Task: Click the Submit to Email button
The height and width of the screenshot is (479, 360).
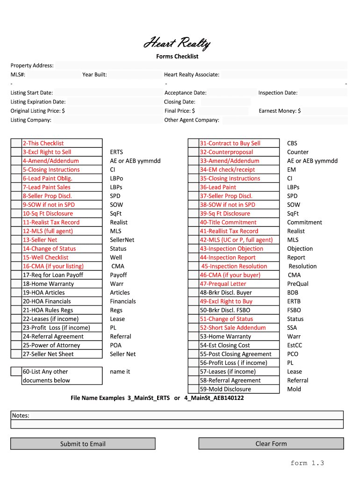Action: pyautogui.click(x=83, y=443)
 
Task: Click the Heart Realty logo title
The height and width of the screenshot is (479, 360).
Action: pyautogui.click(x=177, y=44)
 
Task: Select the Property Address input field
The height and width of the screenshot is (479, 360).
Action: pyautogui.click(x=201, y=65)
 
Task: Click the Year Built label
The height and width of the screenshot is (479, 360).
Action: pyautogui.click(x=94, y=74)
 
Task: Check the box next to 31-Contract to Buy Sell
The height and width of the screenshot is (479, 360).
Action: pyautogui.click(x=193, y=143)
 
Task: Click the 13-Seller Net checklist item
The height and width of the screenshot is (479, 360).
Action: pyautogui.click(x=40, y=240)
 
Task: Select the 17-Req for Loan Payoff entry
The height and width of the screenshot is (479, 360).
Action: pyautogui.click(x=53, y=275)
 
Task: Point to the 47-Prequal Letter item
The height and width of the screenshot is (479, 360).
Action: pyautogui.click(x=223, y=284)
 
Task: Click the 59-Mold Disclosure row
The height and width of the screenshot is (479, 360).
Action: pyautogui.click(x=225, y=389)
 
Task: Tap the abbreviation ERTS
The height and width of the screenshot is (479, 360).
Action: pyautogui.click(x=116, y=152)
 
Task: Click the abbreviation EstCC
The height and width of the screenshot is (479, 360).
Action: pyautogui.click(x=295, y=345)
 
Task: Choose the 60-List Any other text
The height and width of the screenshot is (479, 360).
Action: pyautogui.click(x=45, y=372)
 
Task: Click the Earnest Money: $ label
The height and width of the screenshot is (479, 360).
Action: pyautogui.click(x=280, y=111)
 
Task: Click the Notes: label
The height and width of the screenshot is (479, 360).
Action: pyautogui.click(x=21, y=415)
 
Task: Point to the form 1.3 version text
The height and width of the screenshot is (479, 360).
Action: pyautogui.click(x=307, y=463)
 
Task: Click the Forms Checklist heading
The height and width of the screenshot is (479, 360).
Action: pyautogui.click(x=177, y=57)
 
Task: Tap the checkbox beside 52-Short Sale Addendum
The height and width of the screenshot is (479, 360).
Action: pyautogui.click(x=193, y=328)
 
